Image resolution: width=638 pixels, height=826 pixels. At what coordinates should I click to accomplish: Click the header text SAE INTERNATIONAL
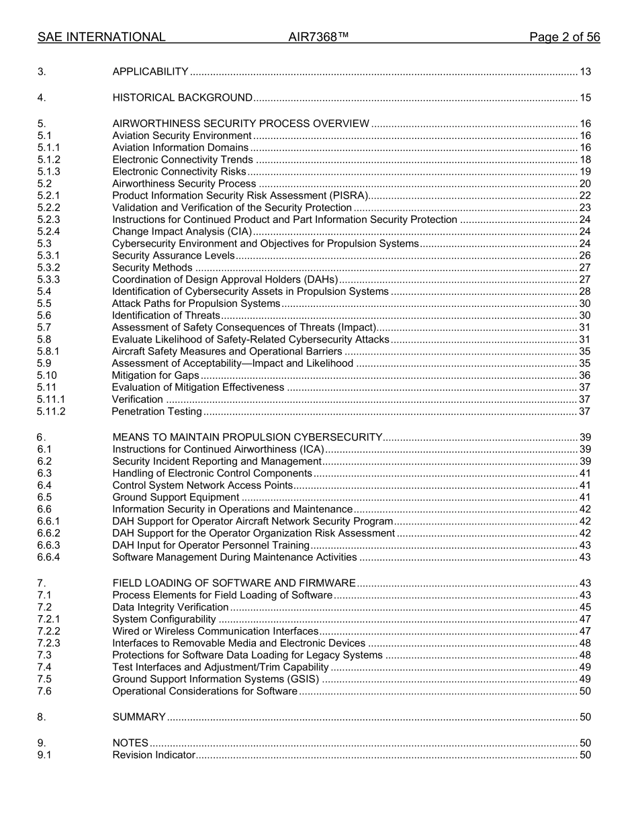[101, 37]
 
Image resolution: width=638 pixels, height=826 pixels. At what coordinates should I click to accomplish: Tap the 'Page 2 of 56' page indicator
[564, 37]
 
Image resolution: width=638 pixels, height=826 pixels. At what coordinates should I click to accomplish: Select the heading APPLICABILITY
[150, 72]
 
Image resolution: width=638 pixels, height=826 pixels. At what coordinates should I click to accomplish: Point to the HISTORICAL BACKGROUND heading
[182, 98]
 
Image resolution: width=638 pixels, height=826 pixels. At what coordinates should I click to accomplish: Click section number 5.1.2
[49, 160]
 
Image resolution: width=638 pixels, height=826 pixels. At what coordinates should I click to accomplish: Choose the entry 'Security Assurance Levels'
[173, 256]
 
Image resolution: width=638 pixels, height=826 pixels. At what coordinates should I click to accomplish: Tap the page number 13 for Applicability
[585, 72]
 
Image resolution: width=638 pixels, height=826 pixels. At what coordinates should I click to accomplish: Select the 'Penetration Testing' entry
[156, 412]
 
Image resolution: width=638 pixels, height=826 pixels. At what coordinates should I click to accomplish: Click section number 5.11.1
[51, 400]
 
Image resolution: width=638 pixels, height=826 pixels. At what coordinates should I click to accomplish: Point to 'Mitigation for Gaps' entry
[155, 375]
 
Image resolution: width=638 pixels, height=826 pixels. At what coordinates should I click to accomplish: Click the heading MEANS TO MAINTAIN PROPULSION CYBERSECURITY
[247, 437]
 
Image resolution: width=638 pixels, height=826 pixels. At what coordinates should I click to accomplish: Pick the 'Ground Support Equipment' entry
[175, 498]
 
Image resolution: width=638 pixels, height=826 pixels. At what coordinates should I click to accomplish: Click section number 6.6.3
[49, 545]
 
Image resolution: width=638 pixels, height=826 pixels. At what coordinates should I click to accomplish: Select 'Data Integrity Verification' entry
[170, 608]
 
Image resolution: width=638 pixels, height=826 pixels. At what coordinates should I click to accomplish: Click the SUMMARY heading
[139, 717]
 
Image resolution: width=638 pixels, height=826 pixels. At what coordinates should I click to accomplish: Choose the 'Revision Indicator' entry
[153, 755]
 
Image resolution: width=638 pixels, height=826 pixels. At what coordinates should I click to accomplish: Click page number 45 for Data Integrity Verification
[585, 608]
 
